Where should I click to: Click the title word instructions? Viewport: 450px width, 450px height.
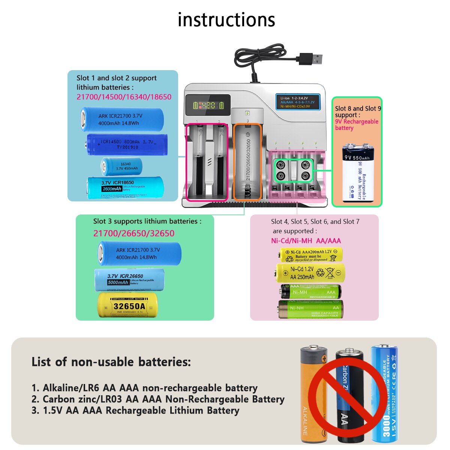226,20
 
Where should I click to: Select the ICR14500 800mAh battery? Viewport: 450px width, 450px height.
127,144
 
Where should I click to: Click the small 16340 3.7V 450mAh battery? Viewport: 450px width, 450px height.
121,166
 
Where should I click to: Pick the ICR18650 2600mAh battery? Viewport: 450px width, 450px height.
125,187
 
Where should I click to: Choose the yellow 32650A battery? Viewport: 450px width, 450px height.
127,305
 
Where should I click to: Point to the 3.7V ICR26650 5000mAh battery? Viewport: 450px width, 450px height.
129,280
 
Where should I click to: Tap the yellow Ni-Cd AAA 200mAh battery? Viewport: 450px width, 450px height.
311,255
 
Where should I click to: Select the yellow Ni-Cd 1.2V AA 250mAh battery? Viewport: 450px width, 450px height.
310,273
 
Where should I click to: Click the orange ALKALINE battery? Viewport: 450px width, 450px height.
313,394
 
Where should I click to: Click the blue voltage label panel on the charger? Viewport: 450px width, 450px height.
297,102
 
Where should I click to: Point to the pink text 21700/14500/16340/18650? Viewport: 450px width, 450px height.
124,97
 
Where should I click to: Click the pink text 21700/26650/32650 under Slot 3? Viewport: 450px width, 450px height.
133,233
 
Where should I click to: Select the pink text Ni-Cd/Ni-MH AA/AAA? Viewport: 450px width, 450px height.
306,241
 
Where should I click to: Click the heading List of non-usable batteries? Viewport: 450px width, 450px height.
111,362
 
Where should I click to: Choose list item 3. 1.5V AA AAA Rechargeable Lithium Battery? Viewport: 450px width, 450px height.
135,411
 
